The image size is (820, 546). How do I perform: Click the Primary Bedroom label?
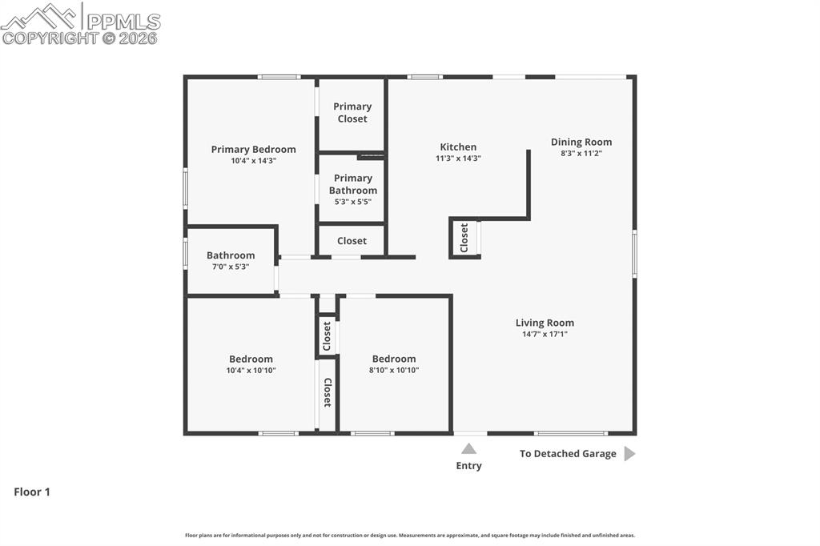coord(253,150)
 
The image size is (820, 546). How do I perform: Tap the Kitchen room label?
coord(458,147)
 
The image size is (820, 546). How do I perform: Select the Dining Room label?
coord(581,143)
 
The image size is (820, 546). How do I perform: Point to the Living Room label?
coord(545,323)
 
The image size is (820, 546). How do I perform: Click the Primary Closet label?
coord(352,112)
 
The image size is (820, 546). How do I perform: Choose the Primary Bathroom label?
coord(352,184)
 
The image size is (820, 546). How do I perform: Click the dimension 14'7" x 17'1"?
coord(545,335)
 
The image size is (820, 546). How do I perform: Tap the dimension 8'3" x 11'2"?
coord(581,153)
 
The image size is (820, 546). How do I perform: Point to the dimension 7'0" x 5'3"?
coord(231,267)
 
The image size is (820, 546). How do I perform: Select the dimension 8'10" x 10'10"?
coord(394,370)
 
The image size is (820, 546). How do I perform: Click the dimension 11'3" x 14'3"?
coord(458,159)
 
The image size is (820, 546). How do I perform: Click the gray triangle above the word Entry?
coord(469,448)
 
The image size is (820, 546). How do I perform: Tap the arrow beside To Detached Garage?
coord(629,454)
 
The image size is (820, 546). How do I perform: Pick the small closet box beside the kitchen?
coord(464,238)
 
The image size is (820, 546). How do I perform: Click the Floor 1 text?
coord(32,492)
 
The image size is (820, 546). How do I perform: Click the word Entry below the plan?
coord(469,466)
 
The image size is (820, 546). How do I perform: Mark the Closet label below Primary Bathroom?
coord(352,241)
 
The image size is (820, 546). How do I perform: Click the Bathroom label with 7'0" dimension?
coord(231,255)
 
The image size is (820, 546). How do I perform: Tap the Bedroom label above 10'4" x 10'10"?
coord(251,359)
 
